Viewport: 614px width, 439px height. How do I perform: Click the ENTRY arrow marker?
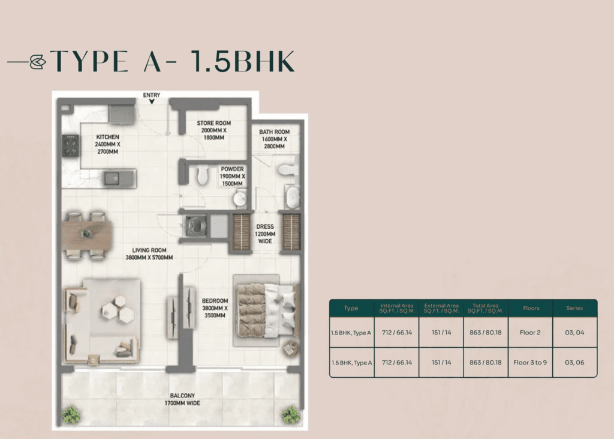coord(152,101)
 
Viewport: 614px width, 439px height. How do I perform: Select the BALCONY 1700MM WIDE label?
coord(182,399)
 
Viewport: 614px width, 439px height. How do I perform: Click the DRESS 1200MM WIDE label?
coord(265,234)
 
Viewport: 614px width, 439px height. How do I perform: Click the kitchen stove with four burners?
coord(71,145)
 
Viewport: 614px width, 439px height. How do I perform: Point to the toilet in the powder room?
coord(203,174)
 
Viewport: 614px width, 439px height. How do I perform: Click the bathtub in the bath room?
coord(291,197)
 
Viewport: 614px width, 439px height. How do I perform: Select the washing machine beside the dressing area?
coord(195,225)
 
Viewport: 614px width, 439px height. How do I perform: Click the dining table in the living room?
coord(87,235)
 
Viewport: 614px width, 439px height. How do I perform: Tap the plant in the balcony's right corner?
coord(291,414)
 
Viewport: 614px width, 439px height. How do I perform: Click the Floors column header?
coord(531,308)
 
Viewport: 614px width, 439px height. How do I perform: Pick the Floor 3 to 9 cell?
coord(530,363)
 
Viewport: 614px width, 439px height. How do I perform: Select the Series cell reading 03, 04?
coord(574,332)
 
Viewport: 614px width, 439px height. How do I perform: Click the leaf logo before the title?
coord(38,62)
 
